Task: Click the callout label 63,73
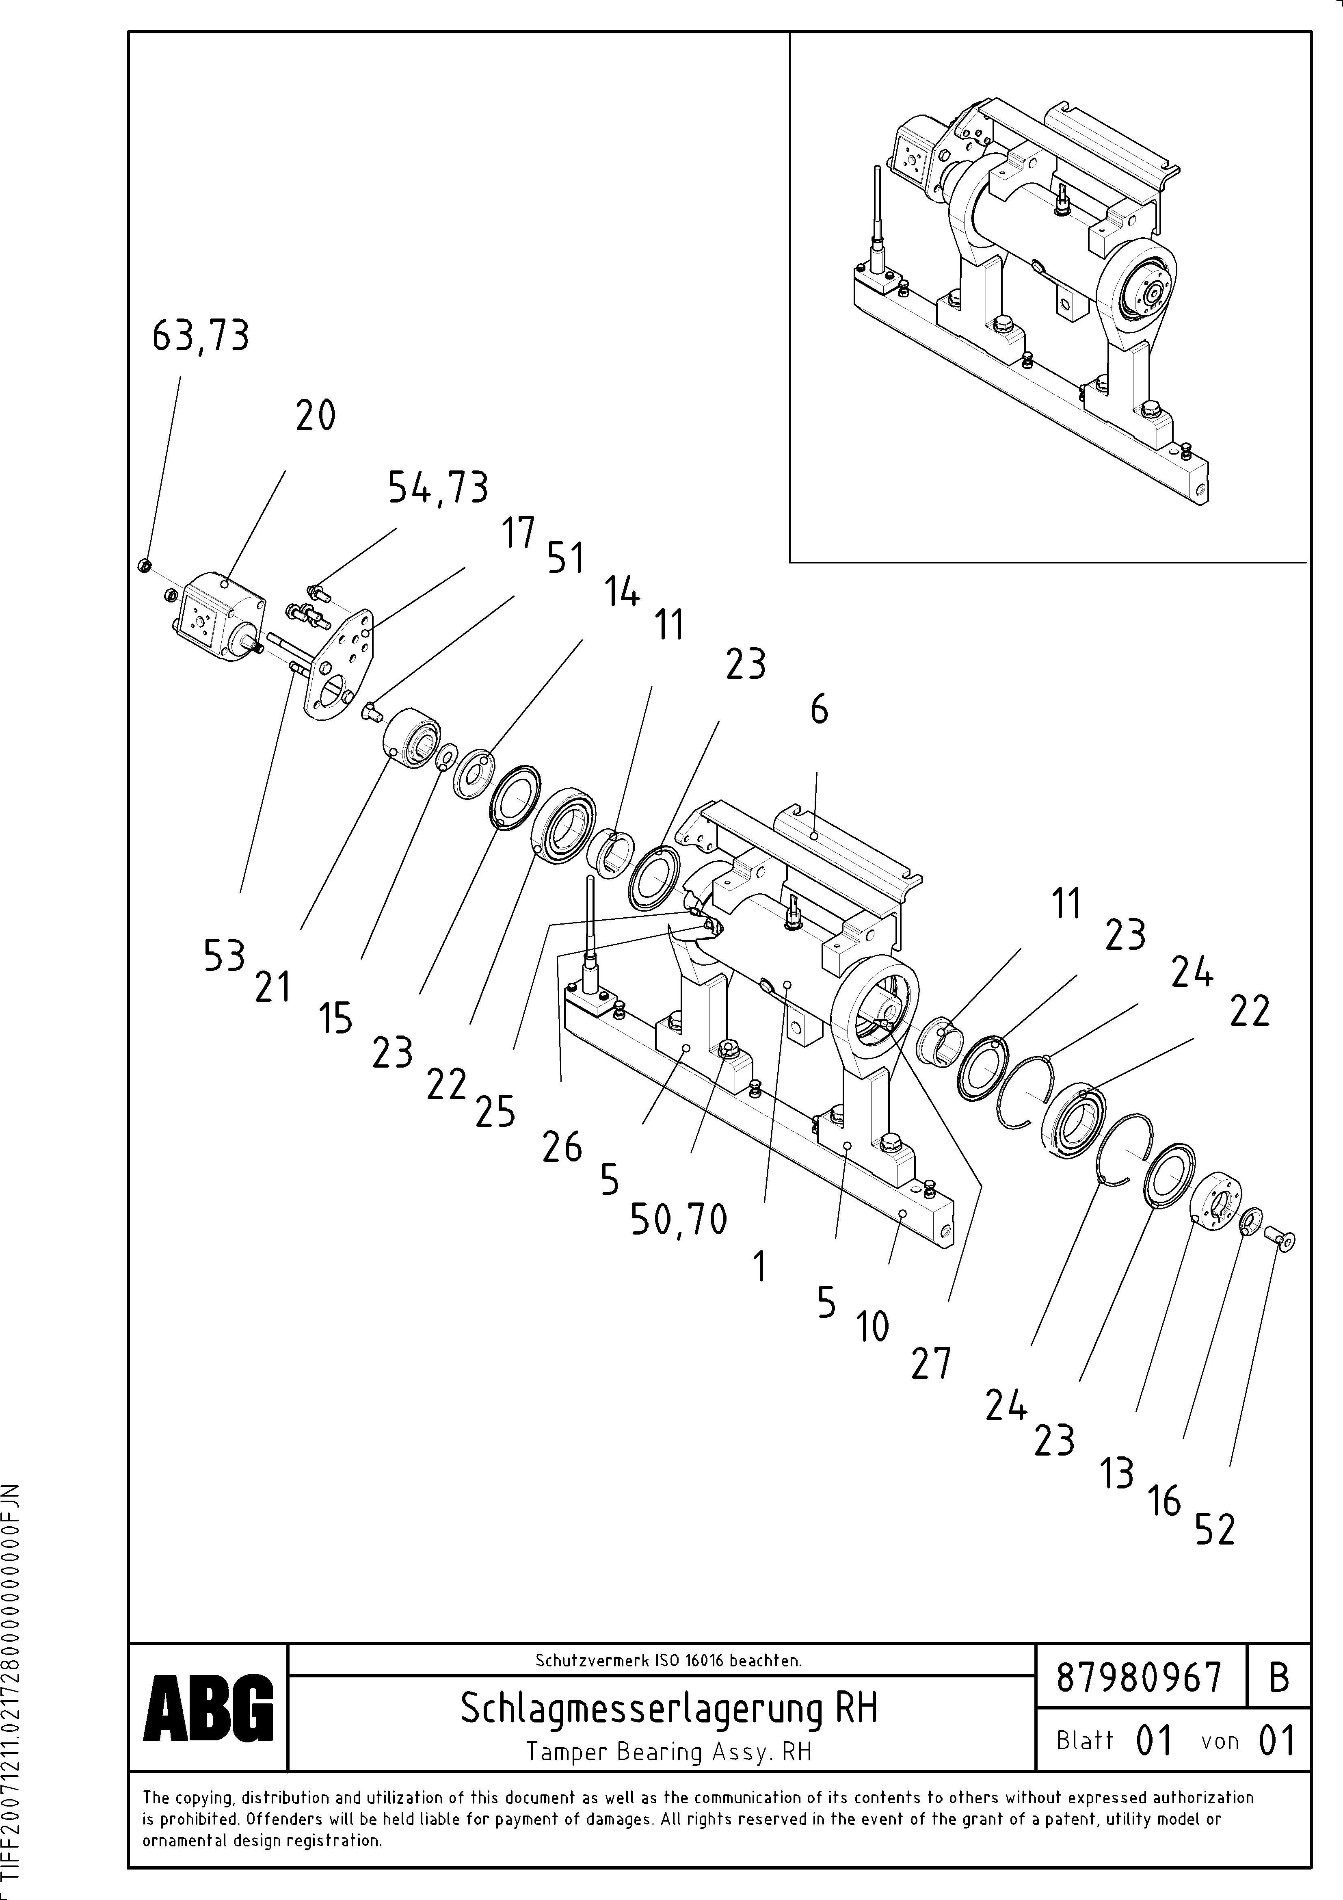click(200, 337)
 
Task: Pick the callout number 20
click(315, 416)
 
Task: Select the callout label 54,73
click(438, 488)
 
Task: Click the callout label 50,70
click(679, 1220)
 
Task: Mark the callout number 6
click(818, 709)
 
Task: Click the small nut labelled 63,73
click(142, 565)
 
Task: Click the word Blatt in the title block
click(1085, 1740)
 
